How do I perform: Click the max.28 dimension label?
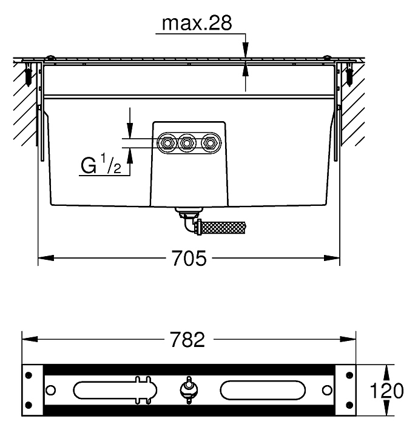197,24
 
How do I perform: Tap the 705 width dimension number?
189,259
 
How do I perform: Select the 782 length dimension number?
188,340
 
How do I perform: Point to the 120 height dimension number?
386,391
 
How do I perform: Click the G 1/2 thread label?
101,164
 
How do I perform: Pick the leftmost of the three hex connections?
167,143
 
